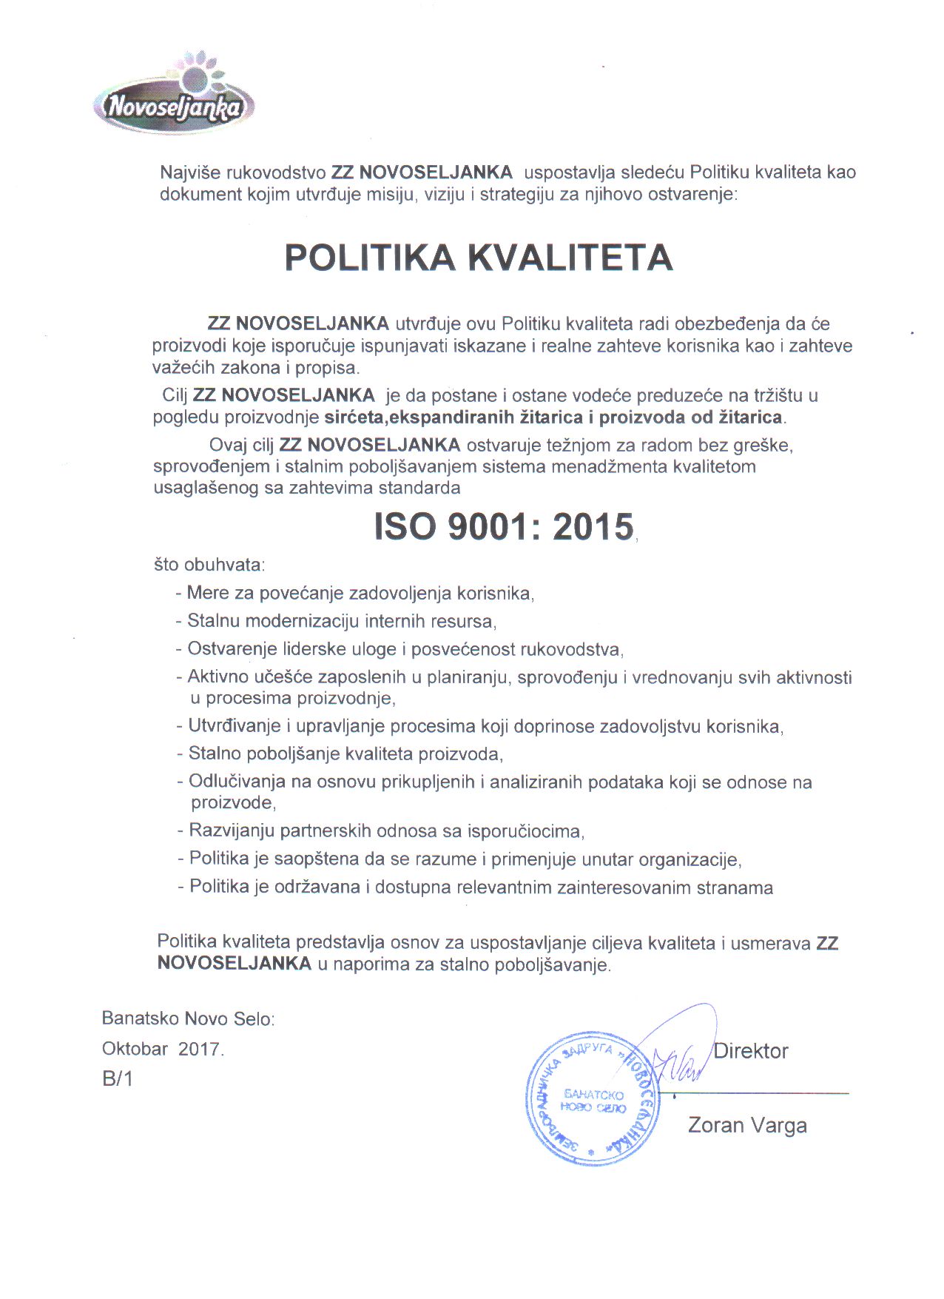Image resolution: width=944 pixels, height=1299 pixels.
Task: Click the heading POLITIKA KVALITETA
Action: [x=479, y=258]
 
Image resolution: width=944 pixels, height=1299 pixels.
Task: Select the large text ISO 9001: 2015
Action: [x=504, y=527]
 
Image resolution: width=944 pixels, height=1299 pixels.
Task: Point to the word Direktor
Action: [x=751, y=1051]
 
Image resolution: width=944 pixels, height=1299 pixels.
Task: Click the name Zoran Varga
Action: [x=747, y=1126]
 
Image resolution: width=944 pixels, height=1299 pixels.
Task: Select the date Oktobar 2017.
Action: [x=163, y=1049]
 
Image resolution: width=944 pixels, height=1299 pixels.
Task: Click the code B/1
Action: [x=118, y=1079]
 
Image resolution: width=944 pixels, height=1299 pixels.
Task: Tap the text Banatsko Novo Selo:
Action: [x=189, y=1018]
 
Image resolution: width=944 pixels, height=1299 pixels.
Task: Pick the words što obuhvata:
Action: [x=209, y=565]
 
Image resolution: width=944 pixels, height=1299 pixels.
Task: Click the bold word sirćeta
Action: [x=354, y=417]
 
